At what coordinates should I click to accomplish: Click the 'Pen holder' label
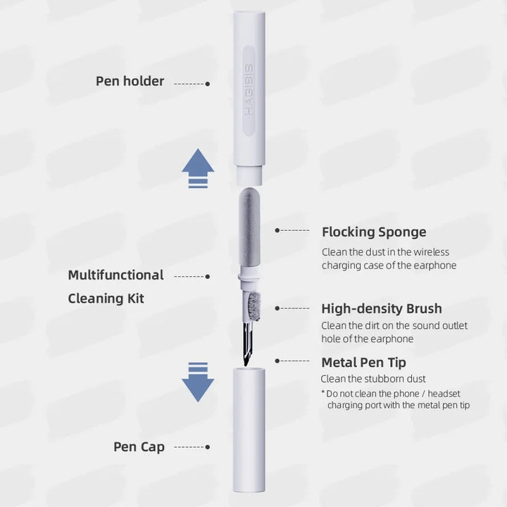click(x=130, y=81)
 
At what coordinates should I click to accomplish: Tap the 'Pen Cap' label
click(x=139, y=447)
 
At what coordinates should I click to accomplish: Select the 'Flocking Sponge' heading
click(x=373, y=232)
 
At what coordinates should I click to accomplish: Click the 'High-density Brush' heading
click(x=381, y=308)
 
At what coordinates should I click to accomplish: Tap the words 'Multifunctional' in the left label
click(x=115, y=275)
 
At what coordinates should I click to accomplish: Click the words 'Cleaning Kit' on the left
click(x=106, y=299)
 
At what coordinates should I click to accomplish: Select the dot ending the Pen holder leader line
click(x=207, y=83)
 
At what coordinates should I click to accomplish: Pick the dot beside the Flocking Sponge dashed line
click(x=277, y=230)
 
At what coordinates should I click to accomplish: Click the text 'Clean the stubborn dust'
click(x=373, y=379)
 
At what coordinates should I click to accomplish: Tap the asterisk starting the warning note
click(x=323, y=393)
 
